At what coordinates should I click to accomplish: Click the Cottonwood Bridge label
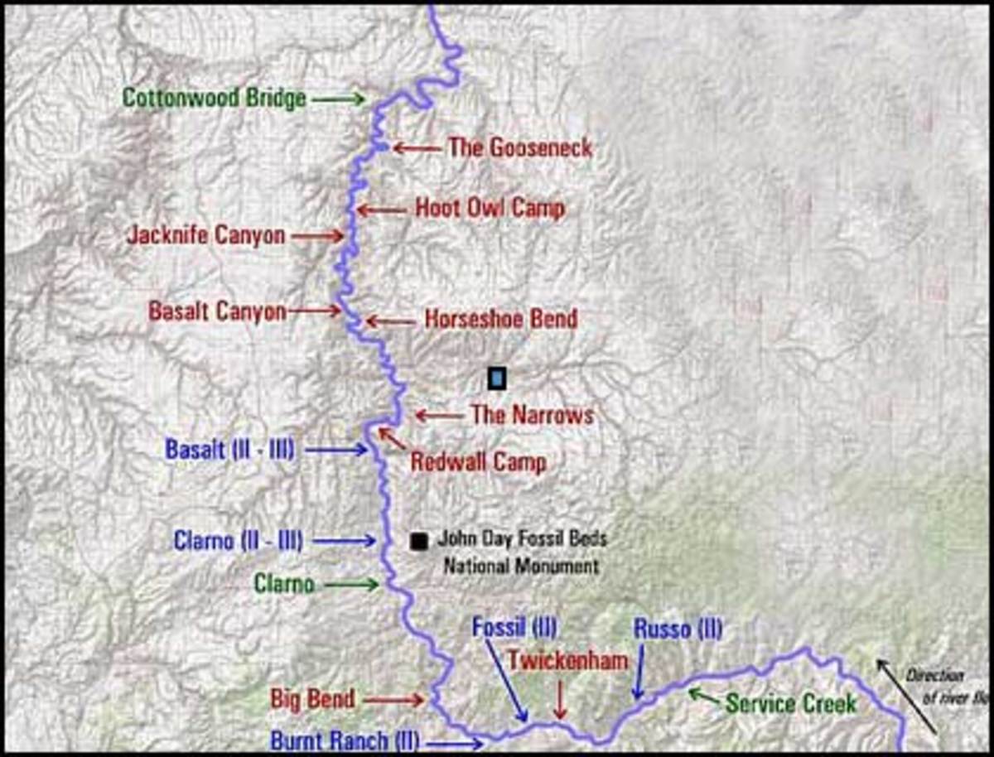[215, 98]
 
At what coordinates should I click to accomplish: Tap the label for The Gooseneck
[519, 148]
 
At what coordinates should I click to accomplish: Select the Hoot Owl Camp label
[490, 208]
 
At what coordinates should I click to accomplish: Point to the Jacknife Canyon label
[205, 235]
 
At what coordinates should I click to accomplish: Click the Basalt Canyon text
[217, 311]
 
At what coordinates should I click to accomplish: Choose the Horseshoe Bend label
[500, 318]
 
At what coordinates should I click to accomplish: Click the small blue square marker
[496, 378]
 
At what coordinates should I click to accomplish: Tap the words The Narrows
[532, 414]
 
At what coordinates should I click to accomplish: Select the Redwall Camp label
[478, 461]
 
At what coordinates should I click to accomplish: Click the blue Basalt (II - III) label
[229, 450]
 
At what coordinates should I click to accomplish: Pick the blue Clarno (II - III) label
[238, 541]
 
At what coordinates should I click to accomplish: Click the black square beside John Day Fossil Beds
[419, 541]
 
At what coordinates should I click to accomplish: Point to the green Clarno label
[284, 584]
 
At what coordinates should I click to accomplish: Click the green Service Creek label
[790, 704]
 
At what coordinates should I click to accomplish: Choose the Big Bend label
[312, 699]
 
